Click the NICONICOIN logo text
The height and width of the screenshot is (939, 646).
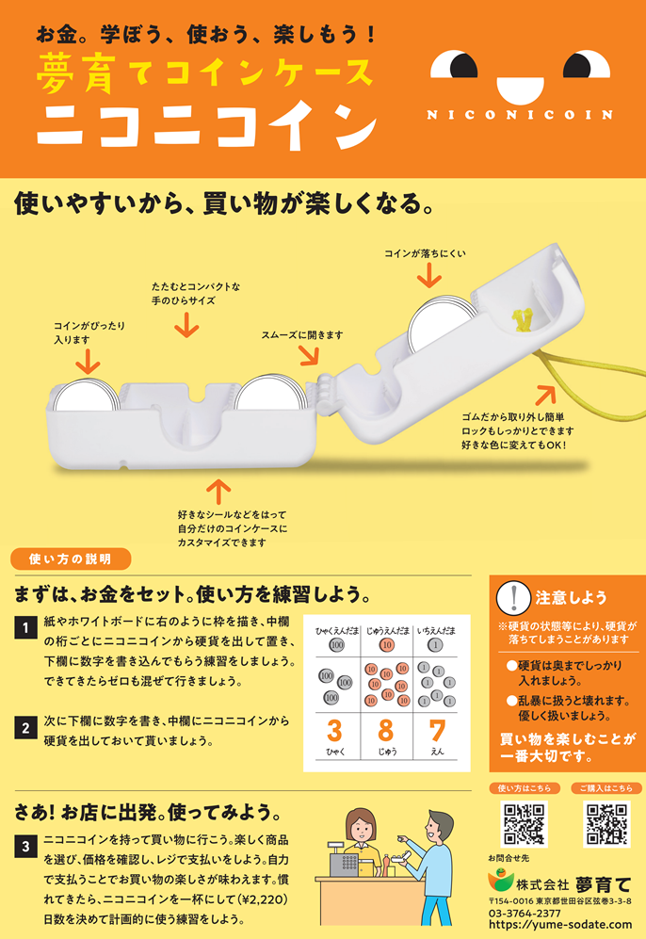520,114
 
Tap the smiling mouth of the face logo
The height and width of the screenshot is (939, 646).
520,89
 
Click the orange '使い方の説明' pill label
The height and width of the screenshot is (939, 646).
71,559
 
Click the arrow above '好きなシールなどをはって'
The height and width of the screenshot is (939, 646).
218,492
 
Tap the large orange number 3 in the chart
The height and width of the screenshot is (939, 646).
334,731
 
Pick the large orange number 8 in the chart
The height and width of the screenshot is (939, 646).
386,731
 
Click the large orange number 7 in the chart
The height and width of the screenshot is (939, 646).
437,731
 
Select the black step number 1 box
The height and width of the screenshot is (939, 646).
25,627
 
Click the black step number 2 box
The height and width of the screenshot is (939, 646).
25,728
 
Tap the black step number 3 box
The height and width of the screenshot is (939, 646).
25,847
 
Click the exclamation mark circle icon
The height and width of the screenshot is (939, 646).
513,598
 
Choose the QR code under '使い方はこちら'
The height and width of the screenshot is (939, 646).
524,824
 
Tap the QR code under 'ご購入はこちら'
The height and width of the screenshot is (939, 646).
606,824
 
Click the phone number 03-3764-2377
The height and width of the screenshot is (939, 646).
525,914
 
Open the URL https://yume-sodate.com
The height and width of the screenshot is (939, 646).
560,925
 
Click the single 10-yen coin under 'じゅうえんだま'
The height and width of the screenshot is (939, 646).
387,645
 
